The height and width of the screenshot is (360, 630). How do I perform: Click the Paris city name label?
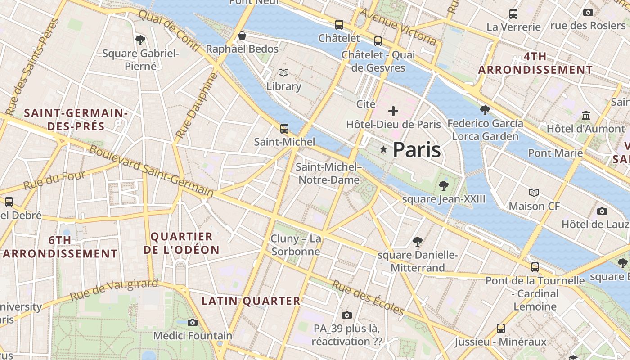click(x=417, y=150)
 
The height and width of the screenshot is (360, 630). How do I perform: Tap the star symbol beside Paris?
click(x=383, y=149)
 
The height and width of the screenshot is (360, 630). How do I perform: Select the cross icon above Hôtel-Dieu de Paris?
click(x=393, y=111)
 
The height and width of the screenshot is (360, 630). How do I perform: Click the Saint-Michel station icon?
click(x=284, y=129)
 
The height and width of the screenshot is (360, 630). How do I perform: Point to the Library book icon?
click(x=283, y=72)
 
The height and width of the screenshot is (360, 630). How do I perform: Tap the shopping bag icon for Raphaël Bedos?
click(x=242, y=36)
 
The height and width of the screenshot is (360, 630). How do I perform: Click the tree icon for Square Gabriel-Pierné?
click(x=140, y=40)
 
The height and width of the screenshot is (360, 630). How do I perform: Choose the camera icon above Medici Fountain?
click(x=193, y=322)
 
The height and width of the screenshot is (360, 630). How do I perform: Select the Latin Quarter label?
click(x=251, y=301)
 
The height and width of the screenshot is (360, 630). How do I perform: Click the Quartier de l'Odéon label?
click(x=181, y=243)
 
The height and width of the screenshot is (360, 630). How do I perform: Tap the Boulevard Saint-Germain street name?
click(x=151, y=171)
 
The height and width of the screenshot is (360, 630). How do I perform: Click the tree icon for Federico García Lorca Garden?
click(x=485, y=110)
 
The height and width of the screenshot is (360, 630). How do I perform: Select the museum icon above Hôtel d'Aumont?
click(x=585, y=116)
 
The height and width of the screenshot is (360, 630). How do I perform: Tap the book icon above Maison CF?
click(x=534, y=193)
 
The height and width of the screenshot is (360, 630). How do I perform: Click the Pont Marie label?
click(x=555, y=153)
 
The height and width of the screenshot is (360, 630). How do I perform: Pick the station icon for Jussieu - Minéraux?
click(x=500, y=328)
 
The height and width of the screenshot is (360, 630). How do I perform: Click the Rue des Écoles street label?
click(x=368, y=297)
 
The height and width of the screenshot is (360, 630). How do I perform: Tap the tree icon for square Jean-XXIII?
click(x=443, y=185)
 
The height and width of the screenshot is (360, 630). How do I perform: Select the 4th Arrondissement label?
click(x=535, y=63)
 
